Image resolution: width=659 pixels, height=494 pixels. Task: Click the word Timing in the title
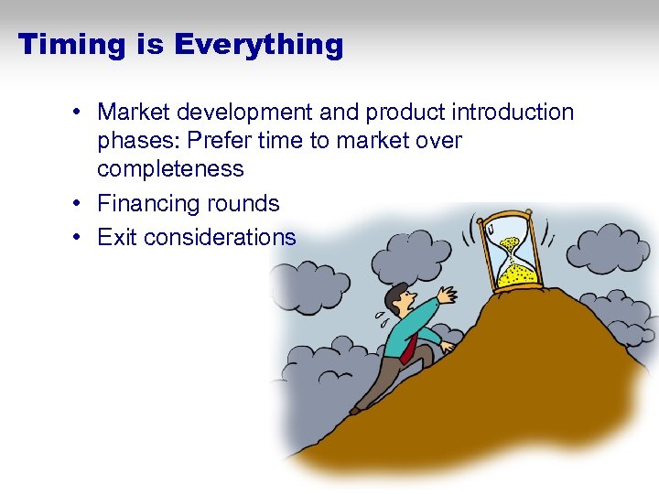[71, 44]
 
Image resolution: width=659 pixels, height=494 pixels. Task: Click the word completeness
[170, 169]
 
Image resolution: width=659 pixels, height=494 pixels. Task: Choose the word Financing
[148, 203]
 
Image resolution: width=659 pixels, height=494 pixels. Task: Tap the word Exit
[117, 237]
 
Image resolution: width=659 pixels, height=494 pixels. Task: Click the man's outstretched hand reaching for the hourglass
[447, 295]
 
